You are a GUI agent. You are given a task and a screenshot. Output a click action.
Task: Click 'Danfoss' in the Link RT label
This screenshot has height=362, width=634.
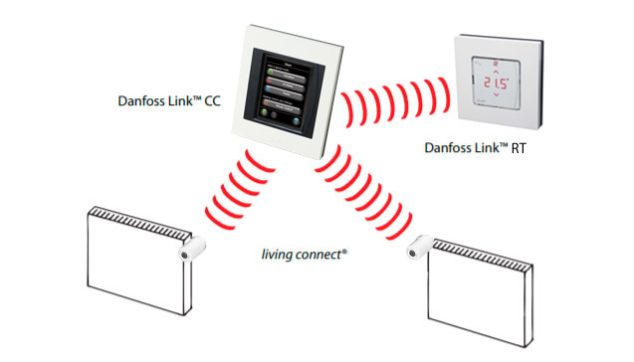(x=447, y=148)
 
